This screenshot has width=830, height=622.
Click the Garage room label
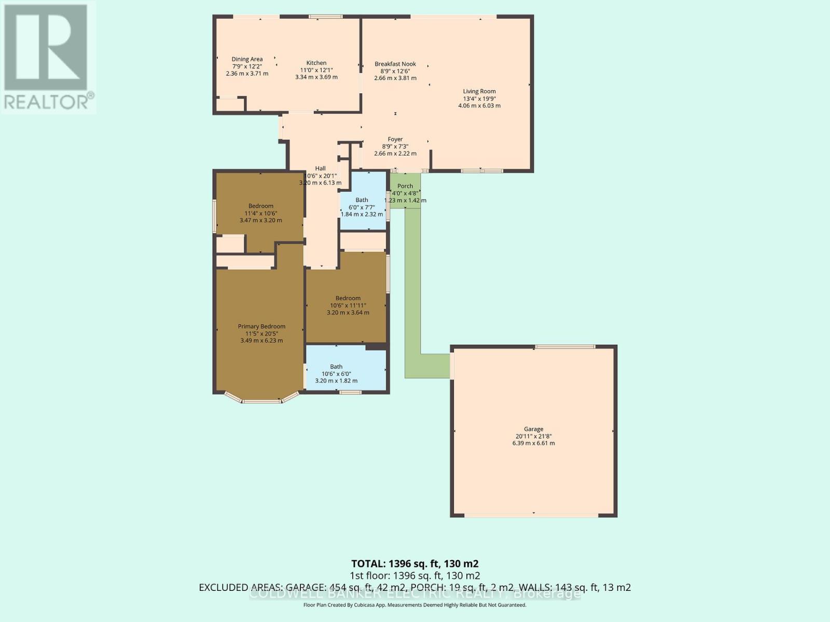(533, 429)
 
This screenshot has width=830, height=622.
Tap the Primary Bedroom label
(261, 327)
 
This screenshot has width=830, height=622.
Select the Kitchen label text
(316, 63)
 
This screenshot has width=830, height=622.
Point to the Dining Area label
(247, 60)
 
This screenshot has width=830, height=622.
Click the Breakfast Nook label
(395, 64)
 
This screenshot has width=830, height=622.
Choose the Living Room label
(479, 92)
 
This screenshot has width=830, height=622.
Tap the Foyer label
(395, 139)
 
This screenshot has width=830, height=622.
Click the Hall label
(321, 168)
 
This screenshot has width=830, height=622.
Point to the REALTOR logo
(48, 57)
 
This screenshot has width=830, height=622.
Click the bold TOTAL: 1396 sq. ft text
(415, 563)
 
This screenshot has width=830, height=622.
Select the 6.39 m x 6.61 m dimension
(533, 444)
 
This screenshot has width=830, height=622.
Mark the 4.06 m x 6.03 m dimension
(479, 106)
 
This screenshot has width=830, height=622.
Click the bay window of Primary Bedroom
(262, 400)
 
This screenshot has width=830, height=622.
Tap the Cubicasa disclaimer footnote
(415, 605)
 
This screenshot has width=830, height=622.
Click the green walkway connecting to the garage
(412, 290)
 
